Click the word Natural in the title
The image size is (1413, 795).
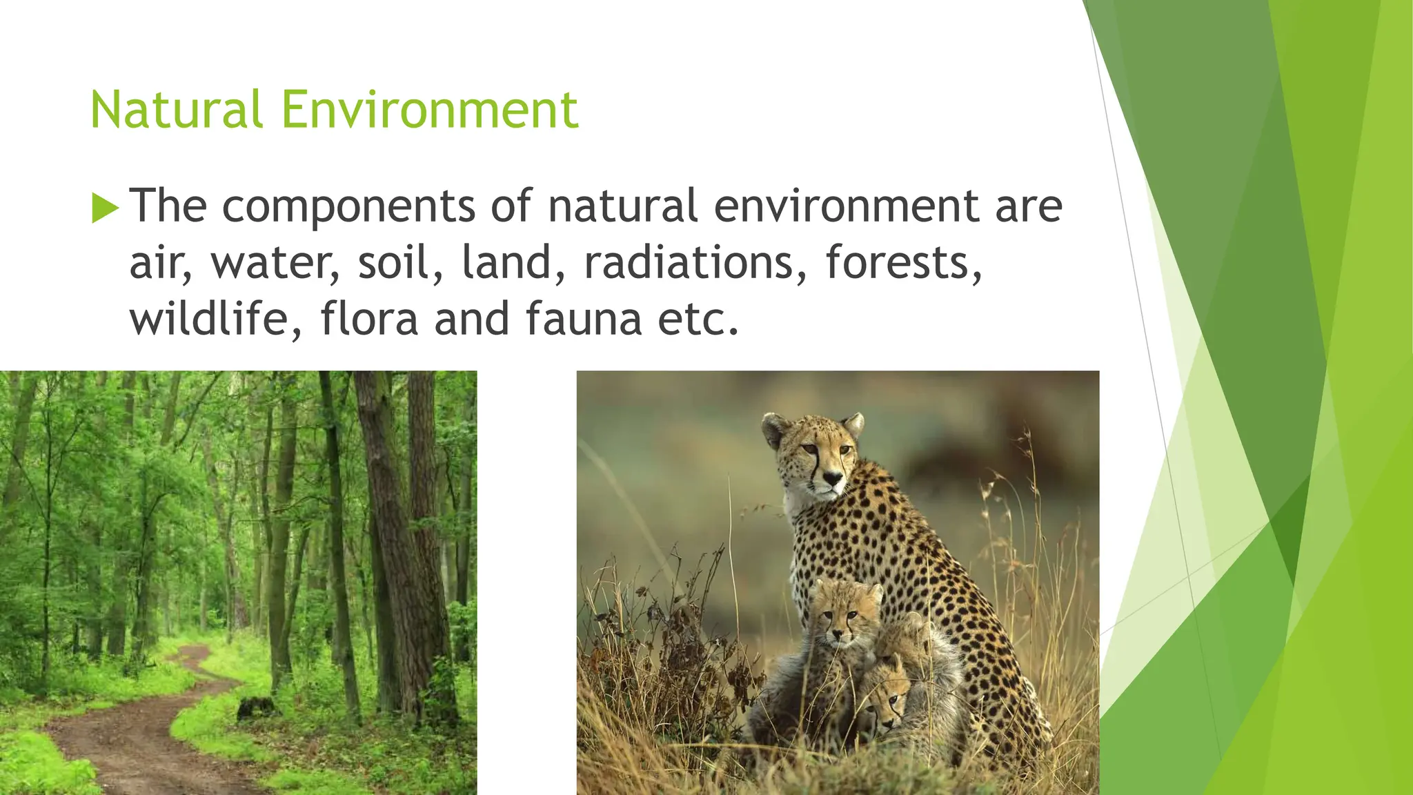point(176,110)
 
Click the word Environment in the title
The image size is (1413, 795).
point(429,110)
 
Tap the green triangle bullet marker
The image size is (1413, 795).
point(105,208)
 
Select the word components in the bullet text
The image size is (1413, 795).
point(348,206)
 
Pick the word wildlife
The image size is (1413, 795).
point(216,319)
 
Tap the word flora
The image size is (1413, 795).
point(369,319)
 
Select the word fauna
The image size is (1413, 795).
point(584,319)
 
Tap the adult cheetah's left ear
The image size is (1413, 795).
point(775,424)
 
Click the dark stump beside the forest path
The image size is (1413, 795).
point(255,707)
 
